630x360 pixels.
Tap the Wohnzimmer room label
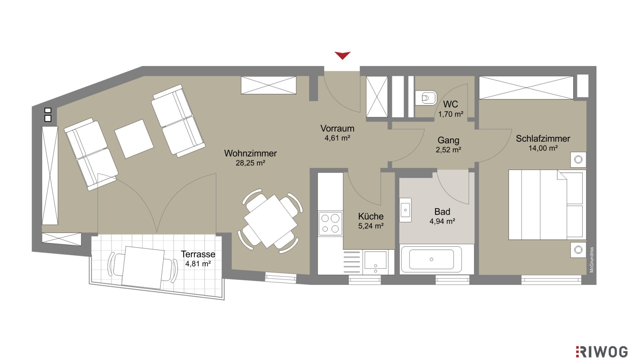[250, 153]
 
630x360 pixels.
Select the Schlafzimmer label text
[543, 139]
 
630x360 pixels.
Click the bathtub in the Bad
[431, 259]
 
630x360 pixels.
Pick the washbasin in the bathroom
[406, 210]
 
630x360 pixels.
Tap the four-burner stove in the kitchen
[330, 223]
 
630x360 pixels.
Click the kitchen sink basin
[375, 260]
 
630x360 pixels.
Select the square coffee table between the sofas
[134, 139]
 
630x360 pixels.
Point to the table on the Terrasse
[143, 267]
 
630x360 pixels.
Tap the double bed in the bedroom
[547, 205]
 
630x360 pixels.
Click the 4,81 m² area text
[198, 264]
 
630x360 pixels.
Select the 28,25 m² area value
[250, 163]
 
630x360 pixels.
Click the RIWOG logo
[602, 352]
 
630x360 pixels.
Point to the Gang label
[448, 140]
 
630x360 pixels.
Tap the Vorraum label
[337, 128]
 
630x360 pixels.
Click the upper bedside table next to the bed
[578, 160]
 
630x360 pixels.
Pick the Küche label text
[371, 216]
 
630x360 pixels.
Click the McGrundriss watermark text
[592, 260]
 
